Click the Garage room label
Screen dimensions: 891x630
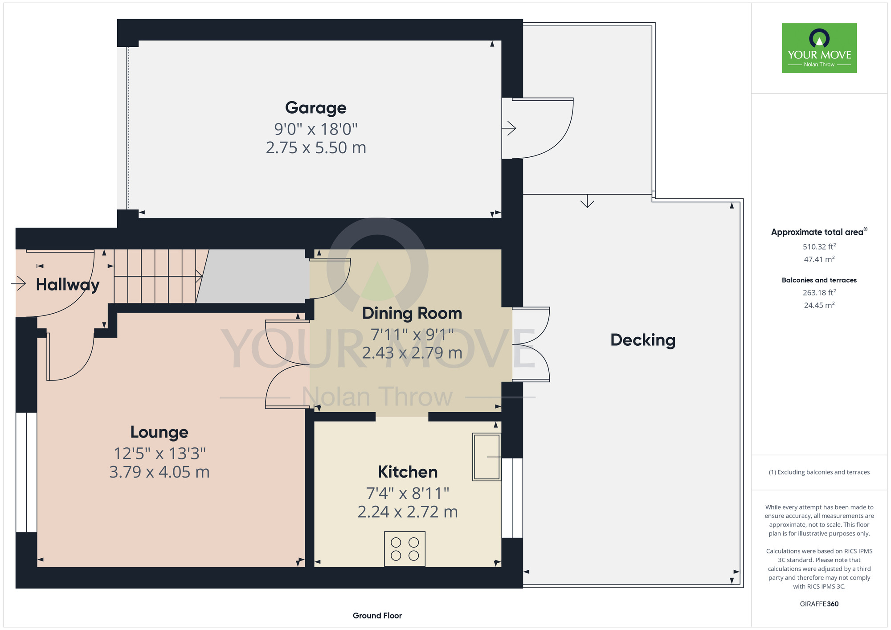click(x=315, y=108)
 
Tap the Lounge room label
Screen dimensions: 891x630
click(x=159, y=432)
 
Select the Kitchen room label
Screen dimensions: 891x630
click(x=408, y=472)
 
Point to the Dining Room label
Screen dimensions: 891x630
click(x=412, y=313)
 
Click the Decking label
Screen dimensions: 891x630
click(x=643, y=340)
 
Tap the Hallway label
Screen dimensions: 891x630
click(x=68, y=285)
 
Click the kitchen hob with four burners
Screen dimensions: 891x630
click(x=405, y=549)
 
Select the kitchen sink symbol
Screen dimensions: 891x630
click(x=487, y=457)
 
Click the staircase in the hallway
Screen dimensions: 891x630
click(x=159, y=276)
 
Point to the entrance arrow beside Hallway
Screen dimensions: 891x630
click(x=18, y=283)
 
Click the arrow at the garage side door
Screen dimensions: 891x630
click(x=509, y=128)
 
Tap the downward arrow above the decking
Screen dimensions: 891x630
click(x=587, y=201)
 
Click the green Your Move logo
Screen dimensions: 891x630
click(x=819, y=48)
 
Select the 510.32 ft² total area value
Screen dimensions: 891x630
click(x=819, y=246)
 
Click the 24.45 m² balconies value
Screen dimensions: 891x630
click(x=819, y=305)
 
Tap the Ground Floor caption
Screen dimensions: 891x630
click(x=377, y=616)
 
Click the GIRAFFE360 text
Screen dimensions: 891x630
click(x=819, y=604)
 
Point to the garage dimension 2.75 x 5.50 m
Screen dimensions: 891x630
click(x=316, y=148)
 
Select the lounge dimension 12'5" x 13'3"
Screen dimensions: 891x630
click(x=159, y=454)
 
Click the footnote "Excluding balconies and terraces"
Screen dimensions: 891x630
click(x=823, y=472)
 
